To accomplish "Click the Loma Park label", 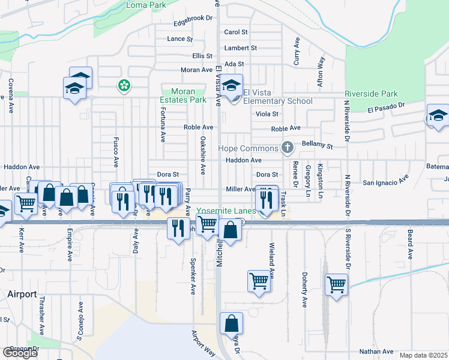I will click(x=146, y=5).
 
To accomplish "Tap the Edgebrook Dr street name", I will click(x=193, y=19).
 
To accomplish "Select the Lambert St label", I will click(x=240, y=48).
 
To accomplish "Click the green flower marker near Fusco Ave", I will click(x=124, y=86).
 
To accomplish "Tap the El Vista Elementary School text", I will click(x=278, y=97).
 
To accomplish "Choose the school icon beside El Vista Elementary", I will click(x=231, y=86).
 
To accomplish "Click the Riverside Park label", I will click(x=371, y=94).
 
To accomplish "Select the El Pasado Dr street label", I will click(x=387, y=108).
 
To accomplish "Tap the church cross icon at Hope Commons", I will click(x=288, y=148).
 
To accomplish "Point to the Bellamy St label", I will click(x=318, y=145).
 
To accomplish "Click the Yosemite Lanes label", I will click(x=235, y=211).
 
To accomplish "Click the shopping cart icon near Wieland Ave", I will click(x=259, y=280).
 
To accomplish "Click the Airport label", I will click(x=22, y=294).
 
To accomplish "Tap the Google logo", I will click(x=20, y=353).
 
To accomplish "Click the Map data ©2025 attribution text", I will click(x=423, y=355).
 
